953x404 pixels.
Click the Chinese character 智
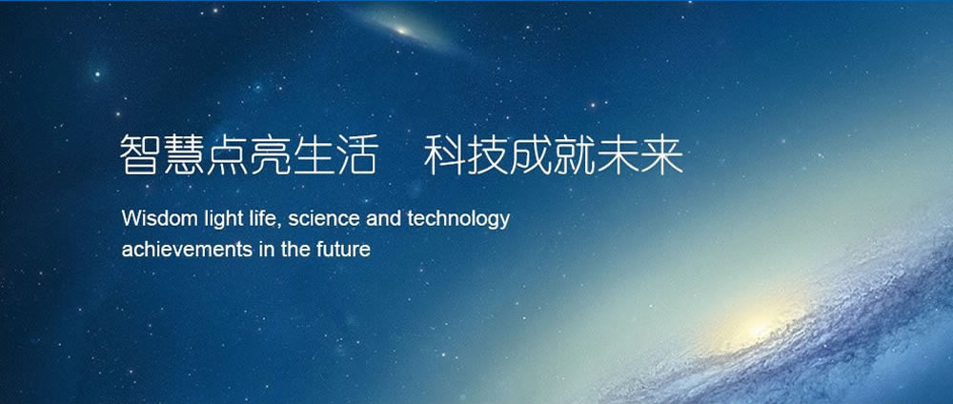[x=140, y=155]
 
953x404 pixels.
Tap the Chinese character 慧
[x=184, y=155]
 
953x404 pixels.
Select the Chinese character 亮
[x=270, y=155]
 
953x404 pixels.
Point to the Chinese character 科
[x=444, y=155]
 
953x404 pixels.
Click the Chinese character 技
[x=488, y=155]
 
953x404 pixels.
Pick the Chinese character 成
[x=531, y=155]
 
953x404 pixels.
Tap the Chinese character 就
[x=575, y=155]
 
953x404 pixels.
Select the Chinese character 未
[x=618, y=155]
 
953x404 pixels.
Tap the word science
[x=324, y=219]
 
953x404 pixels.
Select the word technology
[x=458, y=219]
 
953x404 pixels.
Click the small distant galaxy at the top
[x=402, y=29]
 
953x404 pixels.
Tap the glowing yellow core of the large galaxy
[x=758, y=326]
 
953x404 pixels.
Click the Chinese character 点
[x=227, y=155]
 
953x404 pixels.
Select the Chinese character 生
[x=314, y=155]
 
